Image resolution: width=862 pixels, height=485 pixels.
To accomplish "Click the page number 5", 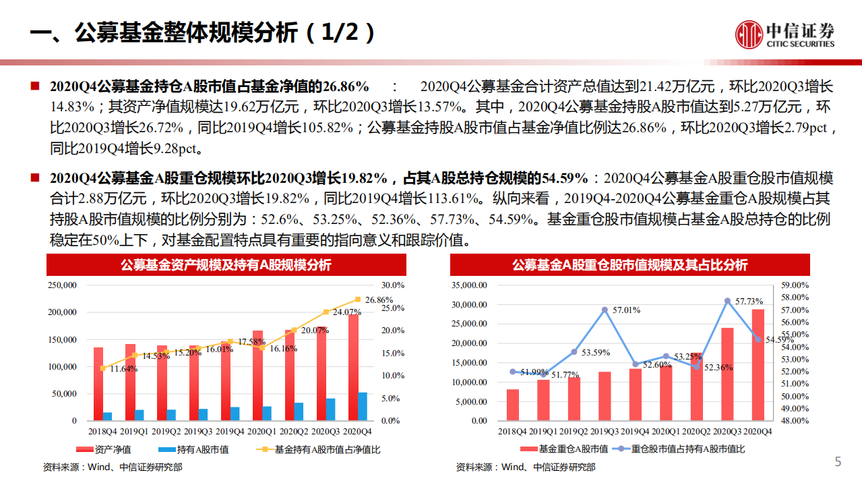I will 838,462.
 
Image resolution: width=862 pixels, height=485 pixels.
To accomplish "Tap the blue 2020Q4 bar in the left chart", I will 363,406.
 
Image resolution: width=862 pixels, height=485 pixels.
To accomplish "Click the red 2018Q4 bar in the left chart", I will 98,384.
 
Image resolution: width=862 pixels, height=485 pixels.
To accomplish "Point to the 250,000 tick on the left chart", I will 63,285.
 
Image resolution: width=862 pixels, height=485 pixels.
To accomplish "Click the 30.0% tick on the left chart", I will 393,285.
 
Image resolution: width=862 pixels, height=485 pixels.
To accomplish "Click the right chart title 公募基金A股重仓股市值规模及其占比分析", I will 629,265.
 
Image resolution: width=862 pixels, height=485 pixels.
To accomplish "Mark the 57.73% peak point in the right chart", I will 727,301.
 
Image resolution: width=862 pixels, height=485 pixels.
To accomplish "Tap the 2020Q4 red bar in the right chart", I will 758,364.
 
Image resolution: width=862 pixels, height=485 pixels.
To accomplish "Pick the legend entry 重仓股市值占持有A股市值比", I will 687,449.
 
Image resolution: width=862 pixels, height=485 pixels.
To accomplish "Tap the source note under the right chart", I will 525,467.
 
